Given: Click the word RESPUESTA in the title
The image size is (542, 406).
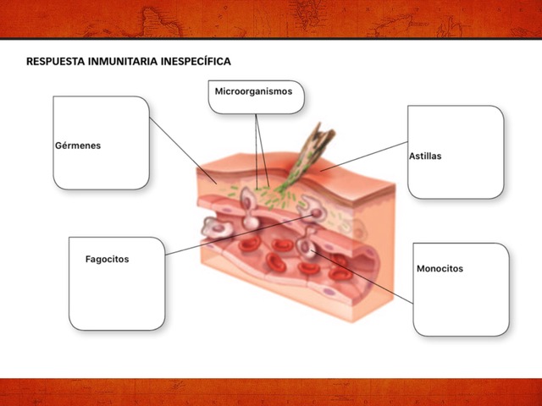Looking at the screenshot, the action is pos(55,62).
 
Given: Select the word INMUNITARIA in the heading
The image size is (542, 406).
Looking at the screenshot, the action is pos(123,62).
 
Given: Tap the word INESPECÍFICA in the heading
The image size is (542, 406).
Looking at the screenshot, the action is pos(196,62).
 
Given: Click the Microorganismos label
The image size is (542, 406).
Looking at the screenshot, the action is pos(253,91).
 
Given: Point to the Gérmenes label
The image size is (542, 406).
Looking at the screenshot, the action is pos(78,145).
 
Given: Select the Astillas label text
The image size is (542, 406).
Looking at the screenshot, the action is pos(425,156).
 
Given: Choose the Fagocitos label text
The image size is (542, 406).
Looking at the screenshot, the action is pos(108,260).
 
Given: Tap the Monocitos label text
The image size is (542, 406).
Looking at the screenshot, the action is pos(440,269).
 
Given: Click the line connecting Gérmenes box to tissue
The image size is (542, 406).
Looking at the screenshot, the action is pos(183,151).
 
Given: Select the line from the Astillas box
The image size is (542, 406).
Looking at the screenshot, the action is pos(364,156).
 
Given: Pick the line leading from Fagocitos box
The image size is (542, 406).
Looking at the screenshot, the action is pos(240,235).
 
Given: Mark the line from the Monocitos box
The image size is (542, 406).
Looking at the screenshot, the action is pos(363,277).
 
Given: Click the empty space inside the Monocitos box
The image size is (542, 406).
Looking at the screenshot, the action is pos(461,304).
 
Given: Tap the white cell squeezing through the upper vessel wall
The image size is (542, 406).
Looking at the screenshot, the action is pos(250,208).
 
